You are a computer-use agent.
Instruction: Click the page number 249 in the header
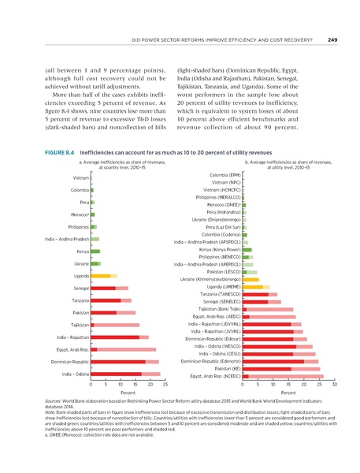click(332, 40)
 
